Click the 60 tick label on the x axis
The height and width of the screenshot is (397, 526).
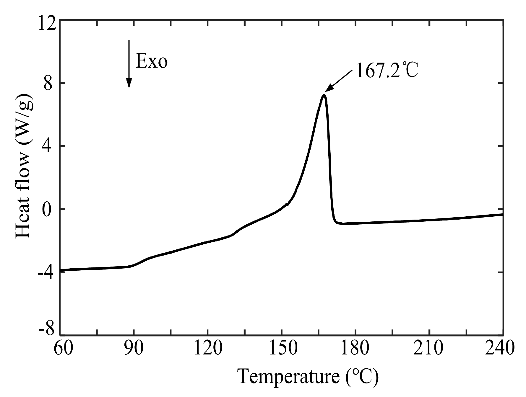coord(63,348)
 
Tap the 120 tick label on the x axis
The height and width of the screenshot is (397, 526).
coord(208,348)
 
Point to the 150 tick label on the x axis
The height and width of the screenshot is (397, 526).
coord(282,348)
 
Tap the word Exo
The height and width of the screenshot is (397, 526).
coord(152,61)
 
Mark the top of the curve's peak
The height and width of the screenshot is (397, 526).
coord(324,95)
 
